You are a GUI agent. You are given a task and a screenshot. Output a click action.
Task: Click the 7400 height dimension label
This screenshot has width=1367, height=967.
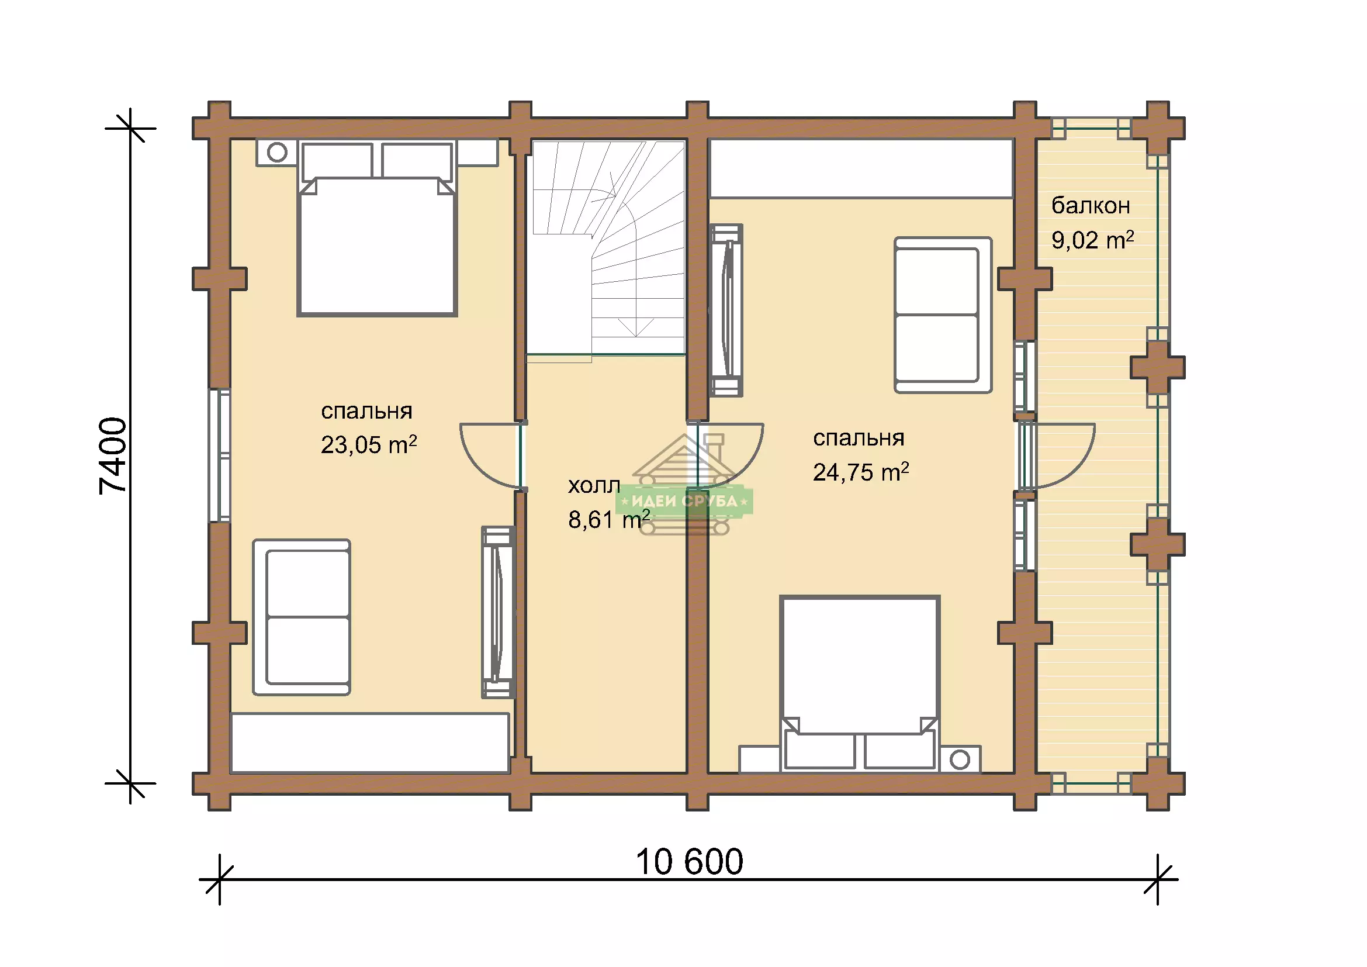pyautogui.click(x=113, y=455)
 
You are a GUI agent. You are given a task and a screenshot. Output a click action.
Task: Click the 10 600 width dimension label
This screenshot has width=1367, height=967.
pyautogui.click(x=690, y=862)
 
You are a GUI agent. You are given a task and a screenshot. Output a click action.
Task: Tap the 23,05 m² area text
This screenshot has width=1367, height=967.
pyautogui.click(x=369, y=445)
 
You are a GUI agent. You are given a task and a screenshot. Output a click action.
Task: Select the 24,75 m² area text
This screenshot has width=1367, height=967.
pyautogui.click(x=861, y=472)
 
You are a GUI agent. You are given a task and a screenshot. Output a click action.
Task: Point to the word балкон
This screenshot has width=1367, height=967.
pyautogui.click(x=1091, y=205)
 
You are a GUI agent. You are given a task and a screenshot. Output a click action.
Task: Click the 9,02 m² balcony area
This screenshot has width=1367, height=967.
pyautogui.click(x=1092, y=240)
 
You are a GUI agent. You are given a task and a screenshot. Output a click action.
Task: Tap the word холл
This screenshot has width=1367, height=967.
pyautogui.click(x=594, y=486)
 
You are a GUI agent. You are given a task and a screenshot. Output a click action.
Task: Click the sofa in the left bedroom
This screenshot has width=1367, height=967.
pyautogui.click(x=302, y=617)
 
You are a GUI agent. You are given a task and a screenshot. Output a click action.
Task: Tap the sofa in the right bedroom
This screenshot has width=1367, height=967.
pyautogui.click(x=943, y=315)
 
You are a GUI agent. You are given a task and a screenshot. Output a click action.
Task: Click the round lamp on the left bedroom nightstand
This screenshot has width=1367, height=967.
pyautogui.click(x=277, y=153)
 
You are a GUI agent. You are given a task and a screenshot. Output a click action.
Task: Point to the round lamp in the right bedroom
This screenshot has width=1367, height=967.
pyautogui.click(x=960, y=760)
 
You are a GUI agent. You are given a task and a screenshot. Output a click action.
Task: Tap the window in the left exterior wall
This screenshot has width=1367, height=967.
pyautogui.click(x=220, y=455)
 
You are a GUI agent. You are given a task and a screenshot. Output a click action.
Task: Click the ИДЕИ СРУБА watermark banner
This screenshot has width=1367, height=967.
pyautogui.click(x=685, y=501)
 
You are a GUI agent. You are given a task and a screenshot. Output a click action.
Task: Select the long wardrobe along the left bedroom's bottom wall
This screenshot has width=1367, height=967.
pyautogui.click(x=370, y=742)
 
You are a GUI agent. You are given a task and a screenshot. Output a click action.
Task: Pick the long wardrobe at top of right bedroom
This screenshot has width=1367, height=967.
pyautogui.click(x=861, y=168)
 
